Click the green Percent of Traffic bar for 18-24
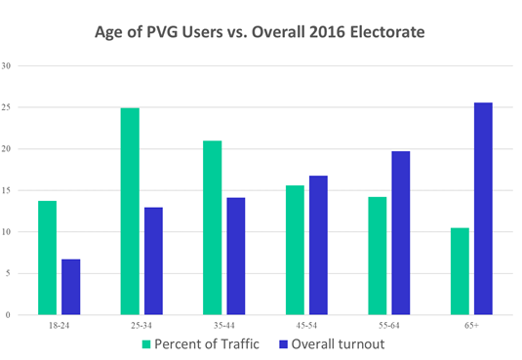point(47,258)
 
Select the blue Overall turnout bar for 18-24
point(70,287)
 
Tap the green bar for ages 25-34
point(130,212)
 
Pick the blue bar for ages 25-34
point(153,261)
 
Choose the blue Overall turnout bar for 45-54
point(319,245)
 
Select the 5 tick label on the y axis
point(9,274)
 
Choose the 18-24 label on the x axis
point(59,325)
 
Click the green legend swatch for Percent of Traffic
point(147,343)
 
